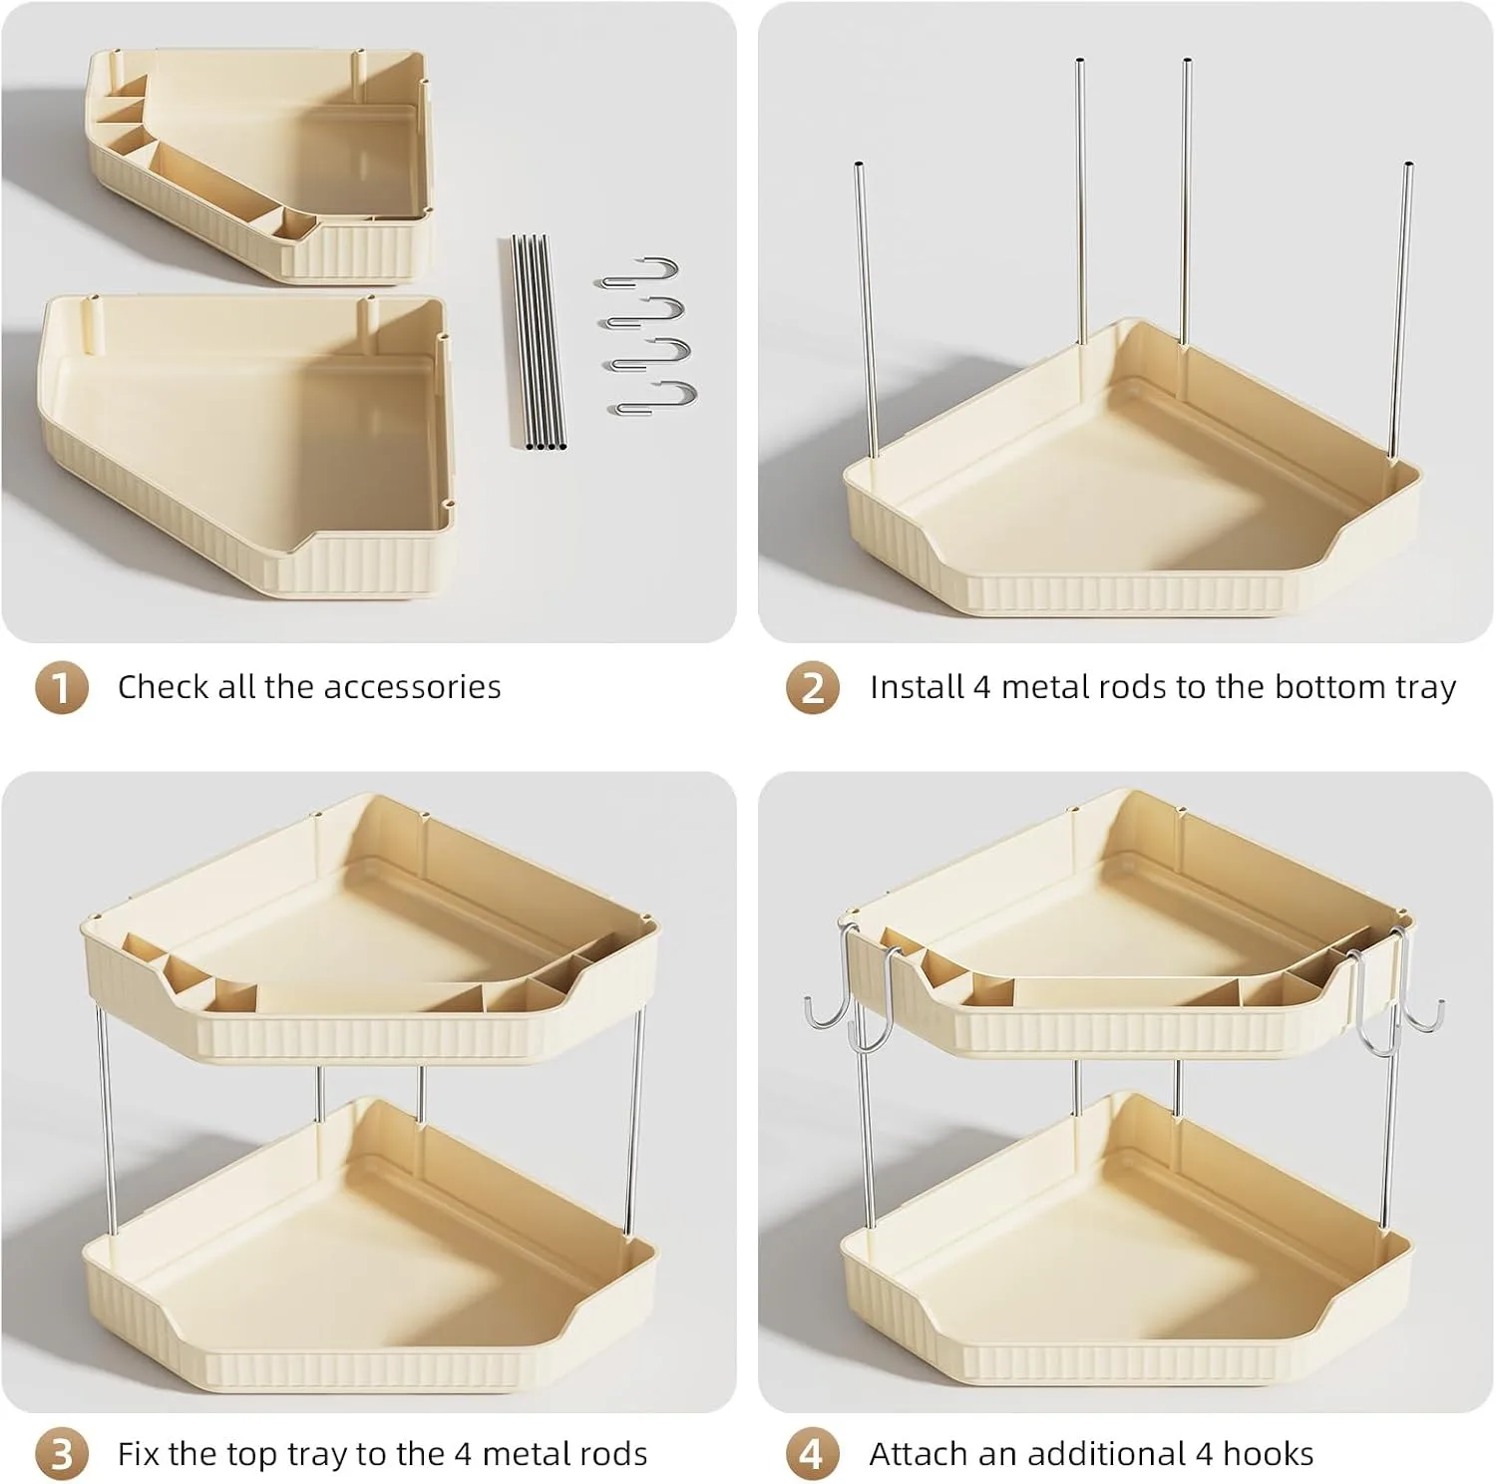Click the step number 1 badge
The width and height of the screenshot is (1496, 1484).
pos(62,688)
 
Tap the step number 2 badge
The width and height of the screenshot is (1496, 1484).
pos(813,688)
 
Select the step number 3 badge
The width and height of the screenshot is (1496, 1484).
pos(62,1454)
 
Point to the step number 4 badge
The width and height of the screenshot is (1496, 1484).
pos(813,1454)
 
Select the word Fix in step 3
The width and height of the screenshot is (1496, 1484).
pos(140,1454)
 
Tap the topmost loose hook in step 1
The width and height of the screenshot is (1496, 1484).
pos(638,271)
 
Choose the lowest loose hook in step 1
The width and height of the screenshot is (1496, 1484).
pos(654,399)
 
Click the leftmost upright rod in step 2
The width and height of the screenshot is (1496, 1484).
pos(865,309)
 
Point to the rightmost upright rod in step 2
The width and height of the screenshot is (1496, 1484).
pos(1402,309)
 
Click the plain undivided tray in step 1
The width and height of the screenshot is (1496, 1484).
pos(244,444)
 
